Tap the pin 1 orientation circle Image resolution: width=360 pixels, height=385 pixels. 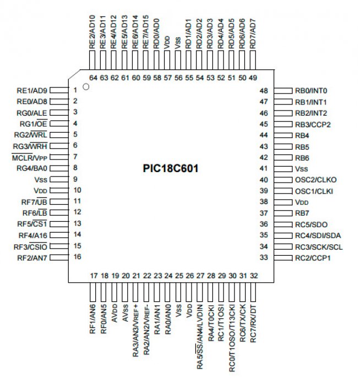(x=85, y=87)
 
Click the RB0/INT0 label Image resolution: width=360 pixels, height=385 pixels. (x=311, y=90)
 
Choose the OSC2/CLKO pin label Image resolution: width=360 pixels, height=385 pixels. (x=315, y=180)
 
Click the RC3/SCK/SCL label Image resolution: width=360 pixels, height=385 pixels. (x=319, y=246)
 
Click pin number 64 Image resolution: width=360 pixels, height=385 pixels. (x=92, y=78)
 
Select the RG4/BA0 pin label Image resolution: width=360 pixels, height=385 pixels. (x=33, y=168)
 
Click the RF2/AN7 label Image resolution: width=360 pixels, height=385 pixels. (x=33, y=257)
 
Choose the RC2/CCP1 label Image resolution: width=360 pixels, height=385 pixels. (x=313, y=257)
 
